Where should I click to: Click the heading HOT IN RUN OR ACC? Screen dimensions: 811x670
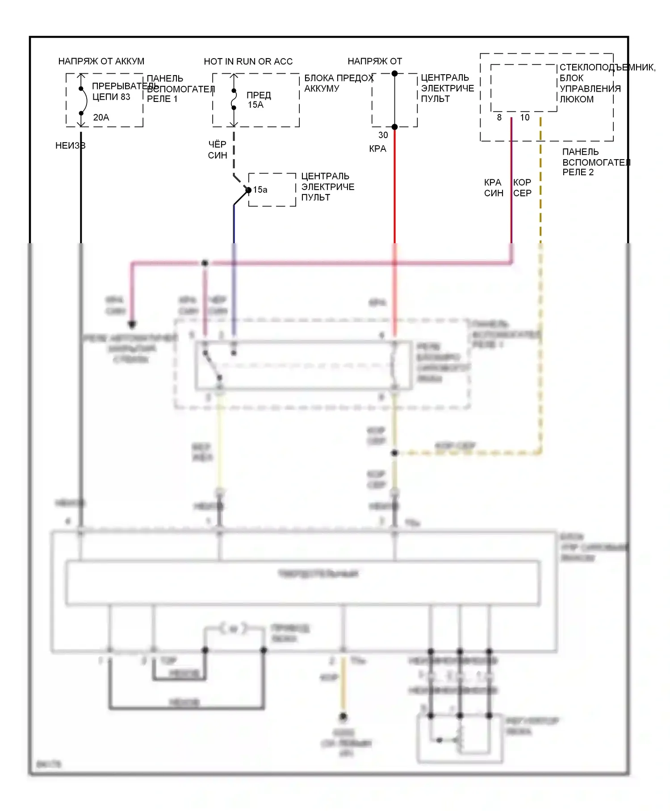[x=248, y=62]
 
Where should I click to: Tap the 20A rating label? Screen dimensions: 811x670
[x=101, y=118]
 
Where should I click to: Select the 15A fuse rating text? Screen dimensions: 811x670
[x=255, y=105]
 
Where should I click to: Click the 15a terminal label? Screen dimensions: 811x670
[x=260, y=190]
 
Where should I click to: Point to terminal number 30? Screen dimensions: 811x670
[x=383, y=135]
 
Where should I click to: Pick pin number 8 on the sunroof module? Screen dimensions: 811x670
[x=499, y=118]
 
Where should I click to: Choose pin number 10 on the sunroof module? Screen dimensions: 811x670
[x=525, y=118]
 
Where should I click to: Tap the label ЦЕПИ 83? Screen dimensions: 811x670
[x=111, y=97]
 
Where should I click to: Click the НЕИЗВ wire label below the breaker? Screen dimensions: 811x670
[x=70, y=146]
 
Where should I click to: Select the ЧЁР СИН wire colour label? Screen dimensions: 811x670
[x=218, y=150]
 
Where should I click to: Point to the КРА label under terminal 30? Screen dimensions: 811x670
[x=377, y=149]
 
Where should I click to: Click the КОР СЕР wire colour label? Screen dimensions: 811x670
[x=522, y=188]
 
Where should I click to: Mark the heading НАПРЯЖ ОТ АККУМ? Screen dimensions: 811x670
[x=101, y=61]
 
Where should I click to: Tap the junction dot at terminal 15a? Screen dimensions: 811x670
[x=248, y=190]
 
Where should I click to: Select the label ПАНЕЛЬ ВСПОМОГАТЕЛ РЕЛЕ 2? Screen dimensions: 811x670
[x=595, y=162]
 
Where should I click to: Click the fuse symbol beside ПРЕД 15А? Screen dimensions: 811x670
[x=234, y=100]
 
